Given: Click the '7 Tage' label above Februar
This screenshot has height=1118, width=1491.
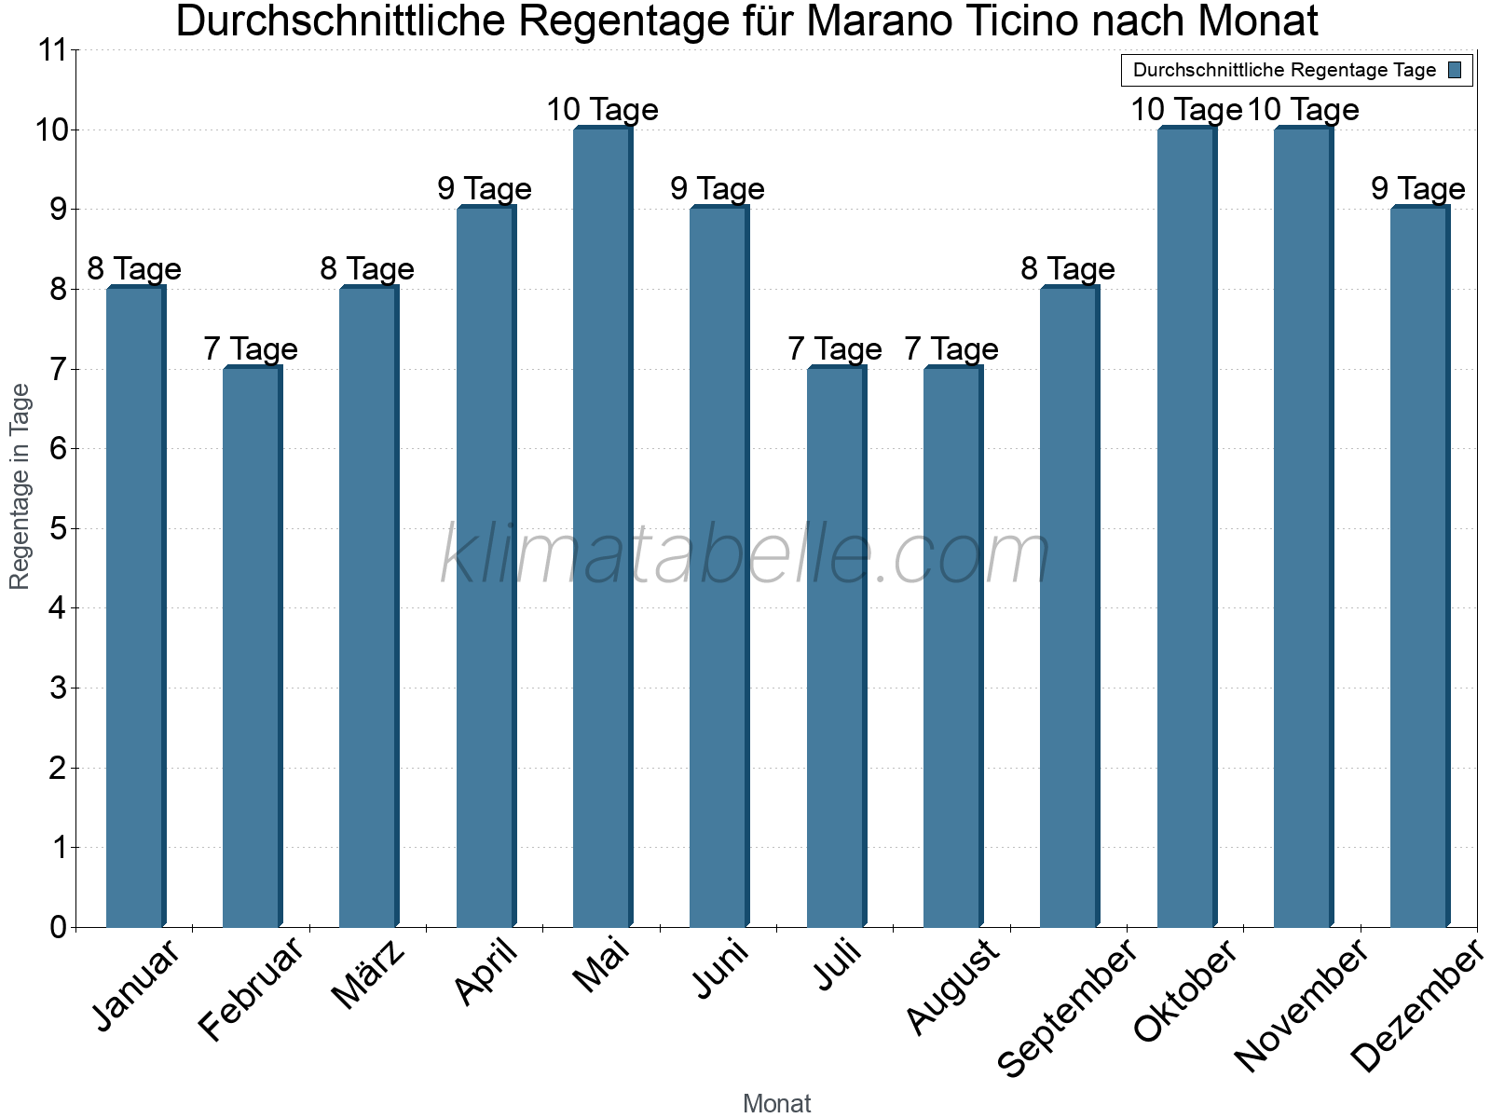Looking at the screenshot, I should (251, 349).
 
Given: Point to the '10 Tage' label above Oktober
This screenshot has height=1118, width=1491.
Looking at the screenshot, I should (1185, 110).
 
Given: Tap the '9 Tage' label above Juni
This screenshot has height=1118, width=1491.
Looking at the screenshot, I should (718, 189).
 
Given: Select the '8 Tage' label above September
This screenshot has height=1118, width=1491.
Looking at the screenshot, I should (1068, 269).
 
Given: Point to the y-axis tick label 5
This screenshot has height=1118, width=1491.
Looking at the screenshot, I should (59, 529).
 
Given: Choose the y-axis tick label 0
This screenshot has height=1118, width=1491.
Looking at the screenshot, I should (59, 928).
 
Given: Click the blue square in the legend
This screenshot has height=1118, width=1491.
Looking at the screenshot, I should (1455, 70).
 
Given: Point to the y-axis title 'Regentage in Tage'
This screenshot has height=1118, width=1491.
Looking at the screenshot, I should (20, 486).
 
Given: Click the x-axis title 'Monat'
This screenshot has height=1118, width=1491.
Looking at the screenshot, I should (776, 1104).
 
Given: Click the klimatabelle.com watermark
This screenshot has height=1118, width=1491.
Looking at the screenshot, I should (745, 554).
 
